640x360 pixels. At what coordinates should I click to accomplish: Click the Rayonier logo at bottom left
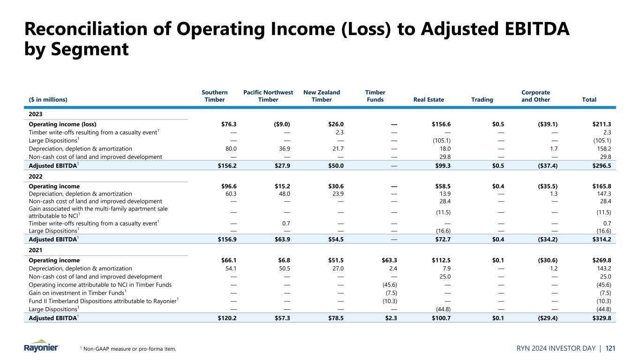point(41,346)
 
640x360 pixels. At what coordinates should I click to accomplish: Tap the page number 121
point(610,348)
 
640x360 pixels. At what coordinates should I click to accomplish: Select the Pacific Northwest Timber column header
point(268,96)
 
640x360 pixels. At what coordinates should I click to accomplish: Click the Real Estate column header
point(429,99)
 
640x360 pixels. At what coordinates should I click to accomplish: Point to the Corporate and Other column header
point(535,96)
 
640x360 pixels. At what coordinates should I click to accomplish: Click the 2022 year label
point(36,178)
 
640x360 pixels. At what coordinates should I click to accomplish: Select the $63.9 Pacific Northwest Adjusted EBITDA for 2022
point(281,239)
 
